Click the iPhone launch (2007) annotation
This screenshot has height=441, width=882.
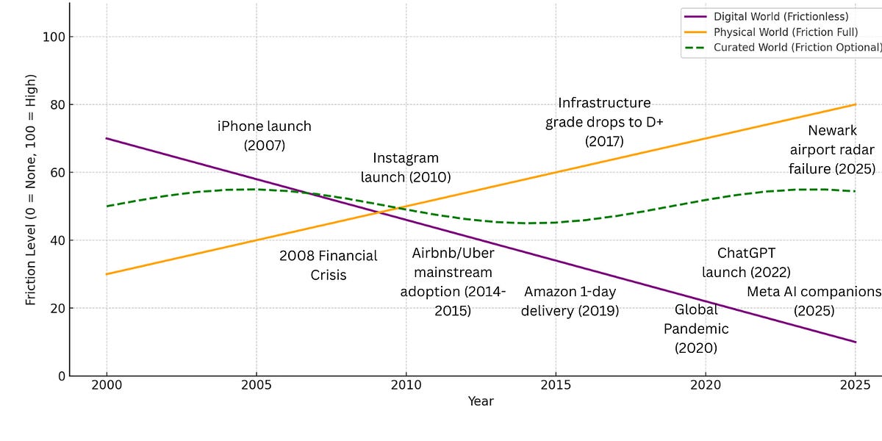tap(265, 136)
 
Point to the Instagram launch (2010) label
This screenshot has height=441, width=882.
tap(406, 168)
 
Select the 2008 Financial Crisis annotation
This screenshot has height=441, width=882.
tap(328, 265)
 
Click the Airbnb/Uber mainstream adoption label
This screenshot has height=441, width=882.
tap(453, 282)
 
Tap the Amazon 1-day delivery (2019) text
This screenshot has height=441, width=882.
tap(570, 301)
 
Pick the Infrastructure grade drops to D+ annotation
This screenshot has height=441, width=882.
tap(604, 121)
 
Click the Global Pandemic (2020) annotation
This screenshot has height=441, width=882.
tap(696, 329)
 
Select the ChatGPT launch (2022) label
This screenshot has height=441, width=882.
tap(746, 262)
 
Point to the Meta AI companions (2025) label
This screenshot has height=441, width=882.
tap(814, 301)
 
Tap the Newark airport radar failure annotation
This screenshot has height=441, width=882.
tap(832, 150)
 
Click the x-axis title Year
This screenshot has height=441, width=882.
tap(481, 401)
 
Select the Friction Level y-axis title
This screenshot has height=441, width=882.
tap(31, 190)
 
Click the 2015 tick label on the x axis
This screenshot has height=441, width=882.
tap(555, 384)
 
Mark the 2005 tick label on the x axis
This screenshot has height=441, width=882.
tap(256, 384)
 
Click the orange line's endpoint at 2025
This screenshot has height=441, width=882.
tap(856, 104)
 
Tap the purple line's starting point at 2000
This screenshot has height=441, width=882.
tap(107, 138)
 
